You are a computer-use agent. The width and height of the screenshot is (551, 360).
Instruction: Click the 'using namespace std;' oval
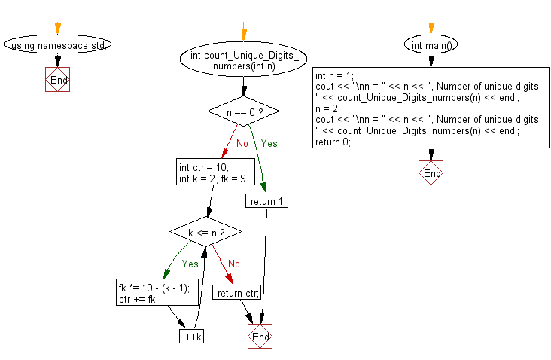(58, 45)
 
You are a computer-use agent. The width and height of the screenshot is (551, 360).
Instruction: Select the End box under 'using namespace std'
(58, 80)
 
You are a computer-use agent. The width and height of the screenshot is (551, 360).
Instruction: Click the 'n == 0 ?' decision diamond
(243, 111)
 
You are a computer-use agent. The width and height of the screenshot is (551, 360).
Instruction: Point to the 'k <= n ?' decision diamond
(205, 233)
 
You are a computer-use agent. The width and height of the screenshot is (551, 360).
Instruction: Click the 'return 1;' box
(266, 201)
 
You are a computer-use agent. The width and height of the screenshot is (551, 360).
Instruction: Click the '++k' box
(191, 336)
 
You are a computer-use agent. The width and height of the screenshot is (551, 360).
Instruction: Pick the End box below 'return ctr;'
(260, 336)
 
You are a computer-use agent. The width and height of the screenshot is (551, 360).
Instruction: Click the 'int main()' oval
(431, 45)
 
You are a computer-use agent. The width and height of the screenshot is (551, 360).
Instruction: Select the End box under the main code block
(431, 172)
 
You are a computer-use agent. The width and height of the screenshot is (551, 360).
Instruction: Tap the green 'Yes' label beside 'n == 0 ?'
(269, 142)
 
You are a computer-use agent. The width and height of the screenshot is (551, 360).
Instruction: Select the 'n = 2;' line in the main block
(328, 108)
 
